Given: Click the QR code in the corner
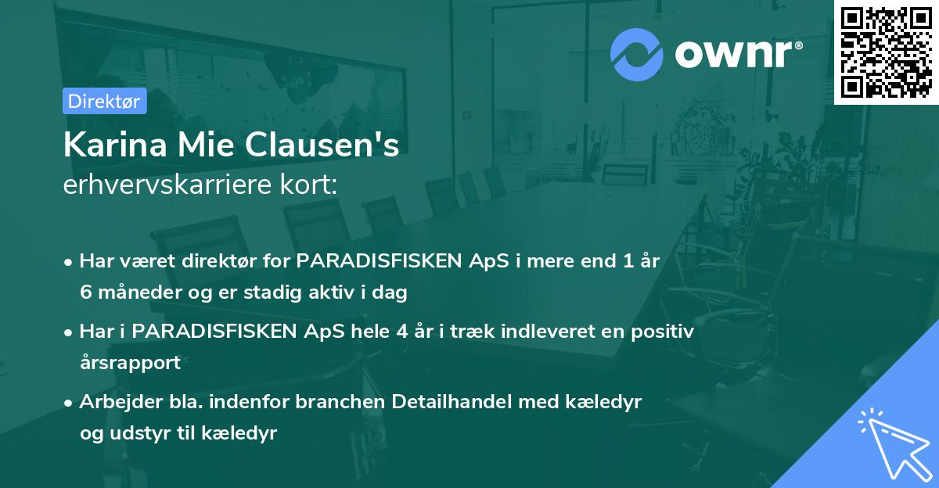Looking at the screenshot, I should tap(887, 52).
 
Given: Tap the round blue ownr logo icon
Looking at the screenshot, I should tap(636, 55).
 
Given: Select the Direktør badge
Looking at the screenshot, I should tap(104, 101).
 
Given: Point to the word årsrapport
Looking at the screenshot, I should tap(130, 363).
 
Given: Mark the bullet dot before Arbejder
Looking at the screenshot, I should tap(69, 403).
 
